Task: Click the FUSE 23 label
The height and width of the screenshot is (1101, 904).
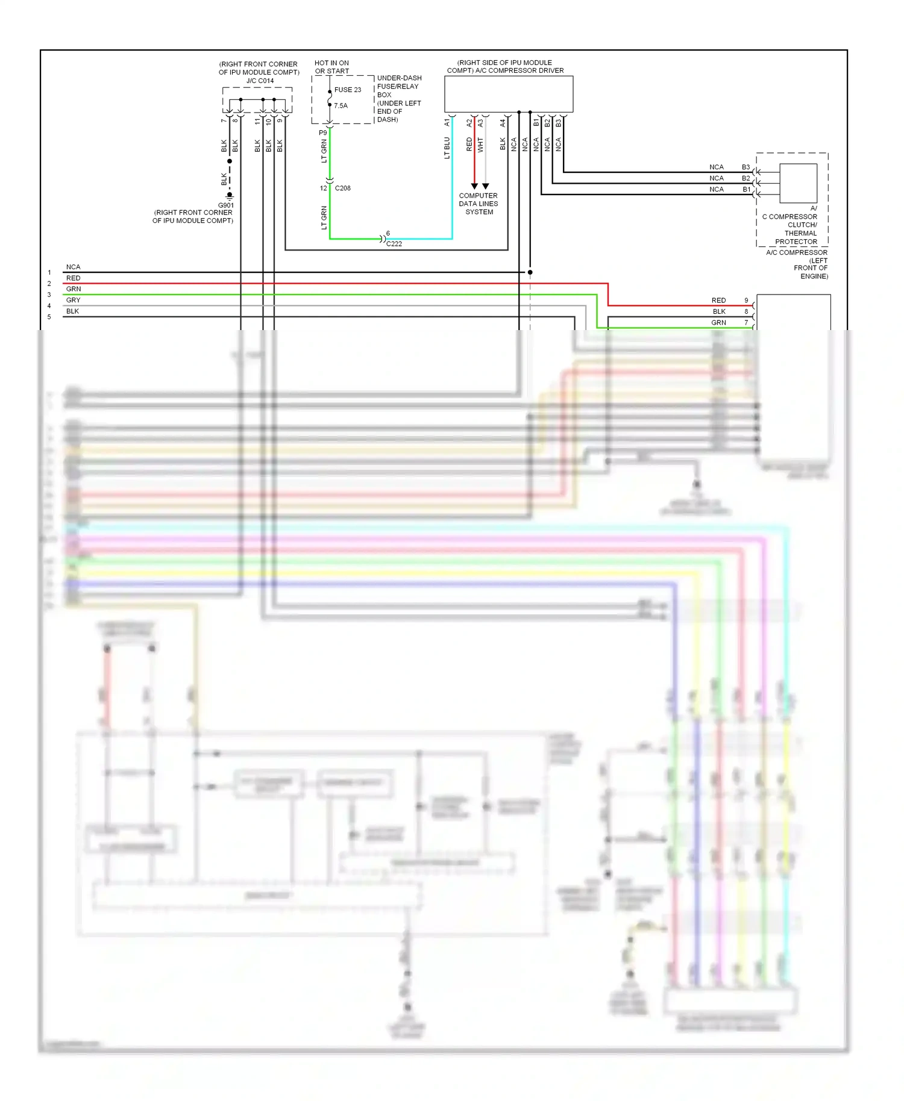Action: click(348, 90)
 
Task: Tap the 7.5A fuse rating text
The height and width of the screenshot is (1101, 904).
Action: click(341, 105)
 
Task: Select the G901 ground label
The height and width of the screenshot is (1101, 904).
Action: click(226, 205)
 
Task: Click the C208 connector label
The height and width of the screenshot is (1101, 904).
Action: click(342, 188)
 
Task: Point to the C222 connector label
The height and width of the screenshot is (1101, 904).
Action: click(394, 244)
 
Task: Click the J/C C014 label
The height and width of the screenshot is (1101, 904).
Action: click(260, 81)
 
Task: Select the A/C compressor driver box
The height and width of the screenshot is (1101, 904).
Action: click(508, 94)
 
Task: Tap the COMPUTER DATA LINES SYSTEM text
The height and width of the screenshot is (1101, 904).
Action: click(479, 204)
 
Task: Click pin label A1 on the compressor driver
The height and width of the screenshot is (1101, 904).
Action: click(447, 122)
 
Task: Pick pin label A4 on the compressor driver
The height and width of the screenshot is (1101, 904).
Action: click(503, 122)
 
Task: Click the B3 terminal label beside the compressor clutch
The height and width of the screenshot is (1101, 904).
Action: click(745, 167)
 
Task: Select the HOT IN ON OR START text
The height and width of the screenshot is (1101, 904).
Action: click(331, 67)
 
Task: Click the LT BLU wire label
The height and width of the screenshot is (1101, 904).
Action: click(447, 148)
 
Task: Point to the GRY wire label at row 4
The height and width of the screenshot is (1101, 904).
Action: click(73, 300)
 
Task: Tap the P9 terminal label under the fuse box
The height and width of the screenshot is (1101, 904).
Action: click(323, 133)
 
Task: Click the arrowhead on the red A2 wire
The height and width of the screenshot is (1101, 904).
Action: click(474, 186)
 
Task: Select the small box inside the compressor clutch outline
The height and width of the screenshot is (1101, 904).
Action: click(798, 183)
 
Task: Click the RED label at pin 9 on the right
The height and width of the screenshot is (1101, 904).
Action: click(718, 300)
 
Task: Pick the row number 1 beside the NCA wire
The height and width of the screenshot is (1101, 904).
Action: click(49, 273)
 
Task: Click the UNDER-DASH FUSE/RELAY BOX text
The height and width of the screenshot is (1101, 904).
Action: click(399, 99)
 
